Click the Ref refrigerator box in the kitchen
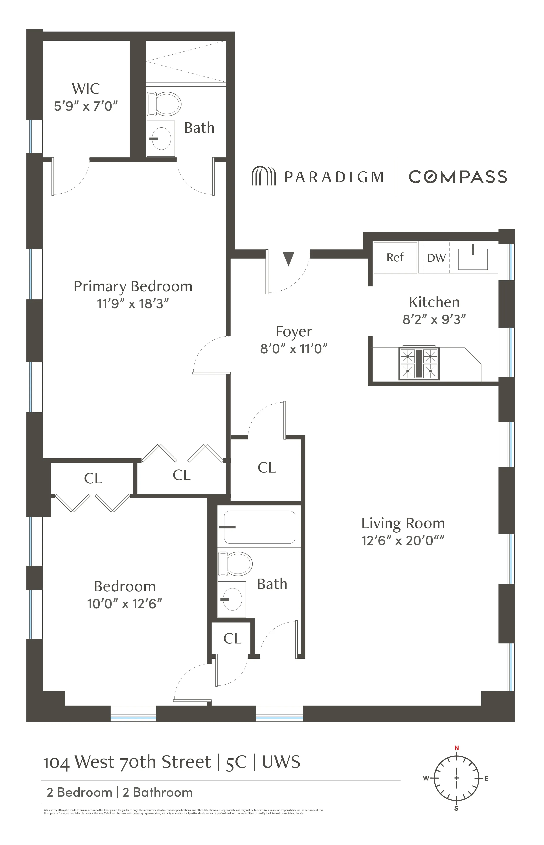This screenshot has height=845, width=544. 395,257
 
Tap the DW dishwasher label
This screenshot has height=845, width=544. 436,258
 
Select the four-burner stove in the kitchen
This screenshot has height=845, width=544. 419,363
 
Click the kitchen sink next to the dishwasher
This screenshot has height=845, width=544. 473,259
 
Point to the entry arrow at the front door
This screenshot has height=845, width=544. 289,259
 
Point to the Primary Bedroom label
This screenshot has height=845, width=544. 133,286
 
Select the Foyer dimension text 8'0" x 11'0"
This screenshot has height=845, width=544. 294,349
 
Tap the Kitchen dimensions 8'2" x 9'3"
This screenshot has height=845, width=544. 434,320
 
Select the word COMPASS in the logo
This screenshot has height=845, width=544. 458,177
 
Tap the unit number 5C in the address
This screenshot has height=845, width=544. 236,762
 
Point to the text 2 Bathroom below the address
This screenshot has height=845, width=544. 158,792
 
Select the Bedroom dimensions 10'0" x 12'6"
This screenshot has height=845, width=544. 124,604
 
